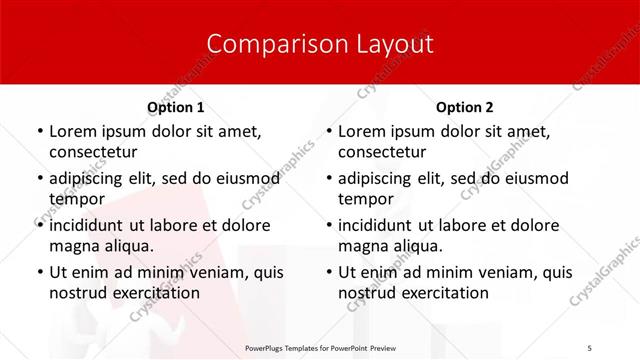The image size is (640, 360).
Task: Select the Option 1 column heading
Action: [176, 107]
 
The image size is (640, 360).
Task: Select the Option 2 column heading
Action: [465, 107]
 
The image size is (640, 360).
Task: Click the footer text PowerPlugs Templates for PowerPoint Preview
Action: [320, 348]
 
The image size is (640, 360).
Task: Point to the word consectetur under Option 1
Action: [94, 152]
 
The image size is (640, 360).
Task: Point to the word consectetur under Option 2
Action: [383, 152]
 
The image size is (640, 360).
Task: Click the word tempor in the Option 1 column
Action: [76, 199]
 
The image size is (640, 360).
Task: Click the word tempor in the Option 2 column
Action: [366, 199]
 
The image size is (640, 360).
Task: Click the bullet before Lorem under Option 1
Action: [39, 132]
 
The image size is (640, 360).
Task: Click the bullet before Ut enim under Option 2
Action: [328, 272]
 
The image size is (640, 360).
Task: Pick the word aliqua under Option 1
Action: [127, 246]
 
